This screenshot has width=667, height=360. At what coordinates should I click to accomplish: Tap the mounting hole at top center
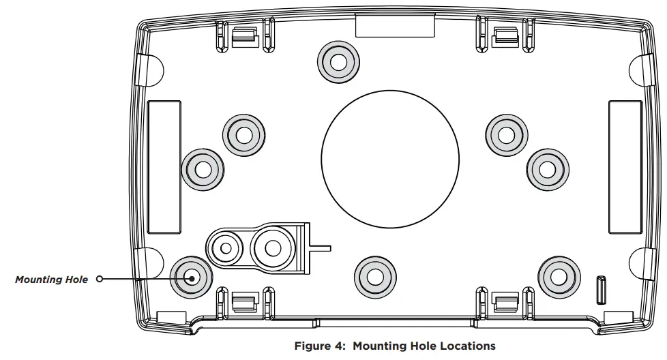click(338, 61)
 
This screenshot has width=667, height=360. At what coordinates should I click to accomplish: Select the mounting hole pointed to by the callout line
click(190, 277)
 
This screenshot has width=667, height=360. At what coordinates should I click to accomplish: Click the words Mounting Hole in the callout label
click(52, 280)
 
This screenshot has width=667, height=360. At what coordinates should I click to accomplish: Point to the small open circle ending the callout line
click(100, 279)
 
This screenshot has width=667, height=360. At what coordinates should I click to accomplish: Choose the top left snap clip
click(243, 35)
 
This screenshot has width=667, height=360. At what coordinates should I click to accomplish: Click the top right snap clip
click(504, 35)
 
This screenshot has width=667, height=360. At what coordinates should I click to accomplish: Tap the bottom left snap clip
click(243, 301)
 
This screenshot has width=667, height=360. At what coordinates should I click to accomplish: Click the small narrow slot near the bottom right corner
click(602, 289)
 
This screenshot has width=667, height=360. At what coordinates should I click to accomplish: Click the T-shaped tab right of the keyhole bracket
click(319, 247)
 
